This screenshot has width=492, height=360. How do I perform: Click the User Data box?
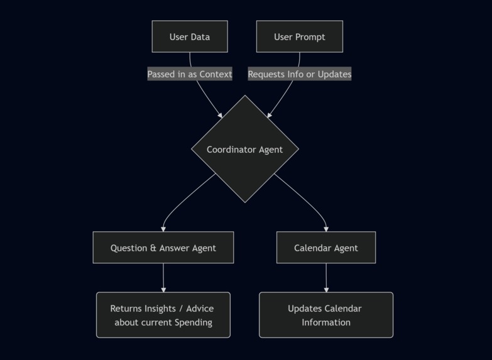coord(190,36)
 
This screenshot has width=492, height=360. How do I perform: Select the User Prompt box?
coord(299,36)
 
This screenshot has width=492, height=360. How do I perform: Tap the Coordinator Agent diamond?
coord(244,149)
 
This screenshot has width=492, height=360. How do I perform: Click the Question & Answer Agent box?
coord(163,248)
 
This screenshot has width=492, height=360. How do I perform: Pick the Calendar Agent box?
coord(325,248)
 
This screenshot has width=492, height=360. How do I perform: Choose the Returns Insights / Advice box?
coord(163,315)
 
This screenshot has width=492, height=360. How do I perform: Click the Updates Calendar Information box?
coord(325,315)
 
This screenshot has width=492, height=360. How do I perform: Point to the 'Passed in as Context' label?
coord(190,74)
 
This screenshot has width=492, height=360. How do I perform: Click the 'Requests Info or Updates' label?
coord(299,74)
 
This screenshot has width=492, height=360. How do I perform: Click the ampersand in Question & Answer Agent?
coord(153,248)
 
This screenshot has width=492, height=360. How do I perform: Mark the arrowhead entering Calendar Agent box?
coord(326,229)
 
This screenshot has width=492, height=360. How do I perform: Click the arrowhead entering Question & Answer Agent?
coord(163,229)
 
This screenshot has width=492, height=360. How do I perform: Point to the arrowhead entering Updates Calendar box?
coord(326,289)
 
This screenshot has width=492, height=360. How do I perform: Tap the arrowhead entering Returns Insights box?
coord(163,289)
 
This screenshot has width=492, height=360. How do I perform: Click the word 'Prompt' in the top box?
coord(311,37)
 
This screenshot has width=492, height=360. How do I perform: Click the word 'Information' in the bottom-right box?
coord(325,322)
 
